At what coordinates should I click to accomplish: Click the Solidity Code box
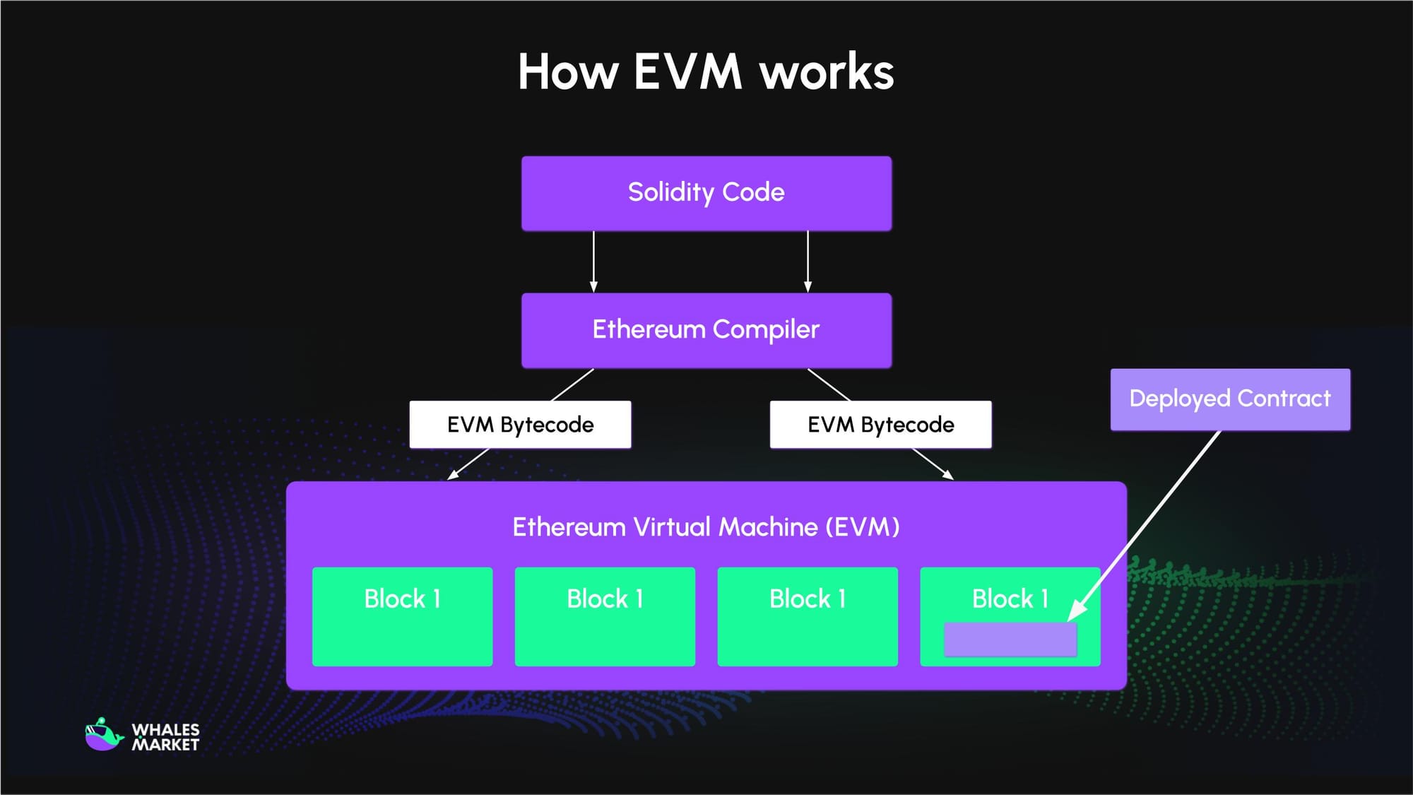point(706,193)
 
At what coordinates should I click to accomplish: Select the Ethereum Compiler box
point(706,330)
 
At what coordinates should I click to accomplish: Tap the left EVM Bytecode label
point(520,425)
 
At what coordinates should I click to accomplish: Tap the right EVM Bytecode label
point(880,425)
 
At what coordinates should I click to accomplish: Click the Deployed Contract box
point(1229,399)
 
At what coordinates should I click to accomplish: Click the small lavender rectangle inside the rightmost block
point(1010,640)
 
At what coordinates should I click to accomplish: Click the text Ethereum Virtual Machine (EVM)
point(706,527)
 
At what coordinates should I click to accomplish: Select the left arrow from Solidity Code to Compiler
point(593,261)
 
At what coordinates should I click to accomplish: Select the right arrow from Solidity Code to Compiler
point(808,261)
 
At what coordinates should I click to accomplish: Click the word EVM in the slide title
point(687,72)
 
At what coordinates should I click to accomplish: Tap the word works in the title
point(827,72)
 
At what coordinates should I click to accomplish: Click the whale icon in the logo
point(103,736)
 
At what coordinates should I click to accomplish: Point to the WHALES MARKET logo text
point(165,737)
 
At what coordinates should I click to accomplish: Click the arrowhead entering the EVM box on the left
point(452,476)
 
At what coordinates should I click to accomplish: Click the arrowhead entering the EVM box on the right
point(949,476)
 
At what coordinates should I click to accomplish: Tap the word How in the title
point(568,72)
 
